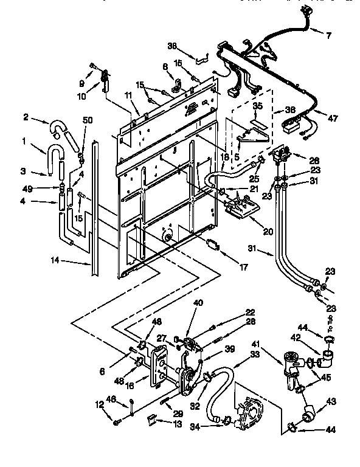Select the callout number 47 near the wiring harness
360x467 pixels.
coord(332,119)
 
